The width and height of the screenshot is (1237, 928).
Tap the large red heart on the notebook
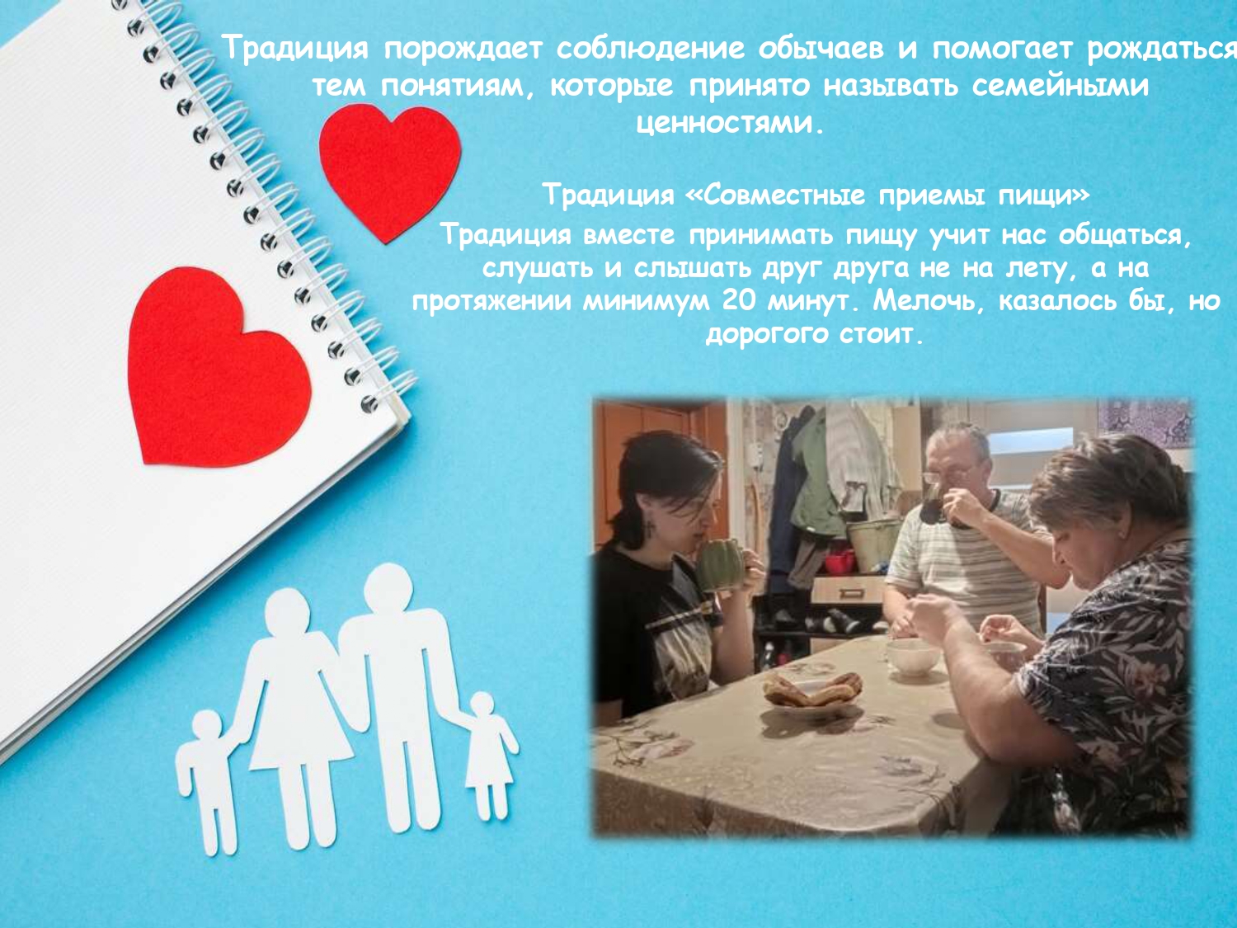coord(216,366)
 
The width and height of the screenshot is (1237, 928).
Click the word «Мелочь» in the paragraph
coord(931,300)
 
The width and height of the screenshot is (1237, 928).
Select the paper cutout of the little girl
coord(487,755)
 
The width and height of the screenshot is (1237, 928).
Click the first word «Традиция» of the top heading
coord(295,49)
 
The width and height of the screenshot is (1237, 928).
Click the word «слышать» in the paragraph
coord(692,268)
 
